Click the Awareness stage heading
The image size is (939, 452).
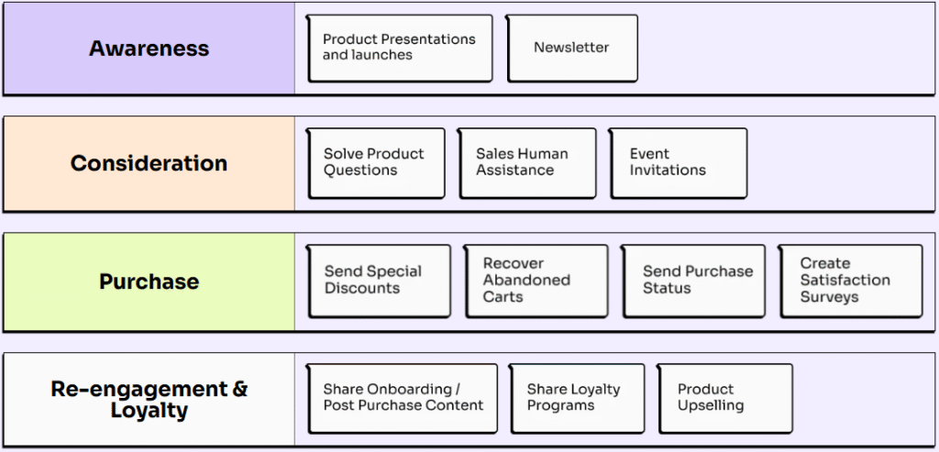[149, 49]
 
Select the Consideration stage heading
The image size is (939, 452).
[149, 163]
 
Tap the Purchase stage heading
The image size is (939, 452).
[149, 281]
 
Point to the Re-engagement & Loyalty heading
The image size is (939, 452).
[149, 399]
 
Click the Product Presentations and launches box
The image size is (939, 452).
[400, 48]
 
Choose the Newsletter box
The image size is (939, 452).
[571, 48]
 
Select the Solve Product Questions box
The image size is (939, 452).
[376, 162]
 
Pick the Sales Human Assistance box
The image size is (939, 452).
[527, 162]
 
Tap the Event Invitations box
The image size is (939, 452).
[678, 162]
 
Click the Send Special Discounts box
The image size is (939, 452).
[379, 280]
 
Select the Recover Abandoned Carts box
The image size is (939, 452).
[536, 280]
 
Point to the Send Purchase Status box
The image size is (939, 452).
[693, 280]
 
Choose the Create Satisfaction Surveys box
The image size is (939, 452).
[850, 280]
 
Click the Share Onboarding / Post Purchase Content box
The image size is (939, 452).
[402, 398]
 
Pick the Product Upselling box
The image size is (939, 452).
[724, 398]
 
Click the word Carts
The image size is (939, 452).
[503, 297]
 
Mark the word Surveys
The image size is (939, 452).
[829, 297]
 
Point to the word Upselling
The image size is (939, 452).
[711, 406]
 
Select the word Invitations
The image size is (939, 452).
[668, 171]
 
